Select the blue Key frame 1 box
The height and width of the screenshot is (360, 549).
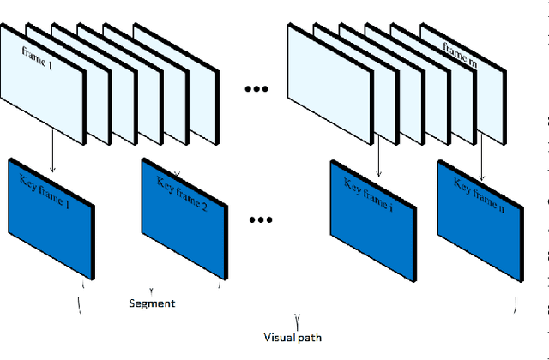[51, 219]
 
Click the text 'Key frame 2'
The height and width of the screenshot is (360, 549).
[183, 184]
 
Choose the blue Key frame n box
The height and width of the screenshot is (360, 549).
[477, 219]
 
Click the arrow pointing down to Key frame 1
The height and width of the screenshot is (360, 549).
[52, 142]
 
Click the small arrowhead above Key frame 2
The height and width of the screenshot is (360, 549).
[176, 172]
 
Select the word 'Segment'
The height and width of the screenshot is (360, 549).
[152, 303]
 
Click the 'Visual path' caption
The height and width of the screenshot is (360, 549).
[294, 338]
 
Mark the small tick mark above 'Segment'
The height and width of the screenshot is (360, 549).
[152, 290]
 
